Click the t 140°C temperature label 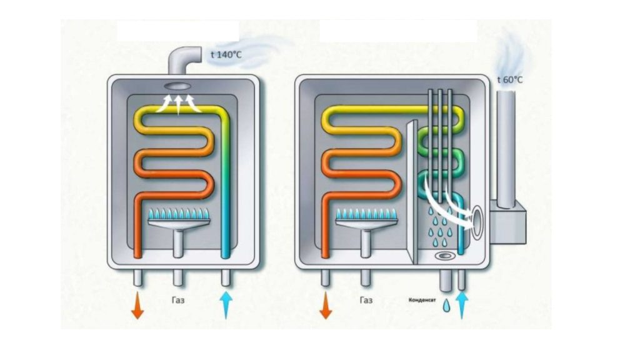(x=226, y=54)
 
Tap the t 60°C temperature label (x=510, y=79)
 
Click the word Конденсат (x=422, y=300)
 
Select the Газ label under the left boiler (x=178, y=301)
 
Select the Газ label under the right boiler (x=366, y=301)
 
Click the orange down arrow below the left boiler (x=137, y=305)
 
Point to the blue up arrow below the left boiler (x=226, y=305)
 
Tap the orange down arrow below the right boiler (x=325, y=305)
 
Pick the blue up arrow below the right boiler (x=462, y=305)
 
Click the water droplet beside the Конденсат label (x=446, y=306)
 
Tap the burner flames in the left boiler (x=178, y=214)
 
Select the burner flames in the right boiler (x=366, y=214)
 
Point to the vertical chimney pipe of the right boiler (x=506, y=149)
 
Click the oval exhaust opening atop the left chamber (x=178, y=86)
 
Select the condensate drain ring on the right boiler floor (x=444, y=256)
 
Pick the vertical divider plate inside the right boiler (x=412, y=192)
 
